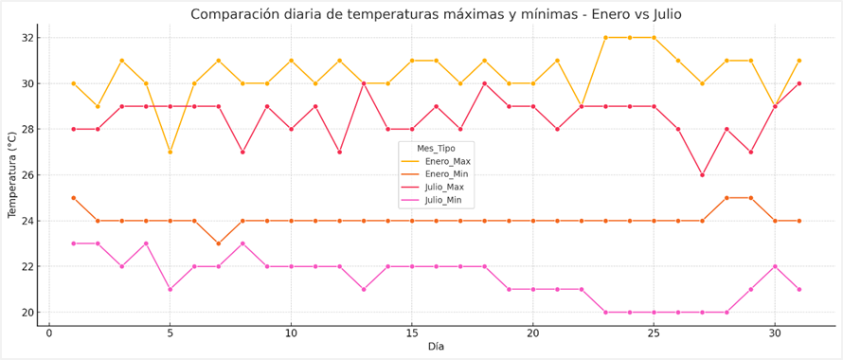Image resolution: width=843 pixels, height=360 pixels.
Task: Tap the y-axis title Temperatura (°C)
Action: (x=13, y=175)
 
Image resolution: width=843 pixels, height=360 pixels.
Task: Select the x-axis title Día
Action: (x=436, y=347)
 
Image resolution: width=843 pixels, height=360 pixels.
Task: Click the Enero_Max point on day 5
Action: (x=170, y=152)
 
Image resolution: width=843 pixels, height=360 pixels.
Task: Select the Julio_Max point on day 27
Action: (x=702, y=175)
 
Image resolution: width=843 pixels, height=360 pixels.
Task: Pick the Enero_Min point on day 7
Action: (x=219, y=243)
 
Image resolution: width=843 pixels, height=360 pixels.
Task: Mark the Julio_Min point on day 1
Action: (x=73, y=243)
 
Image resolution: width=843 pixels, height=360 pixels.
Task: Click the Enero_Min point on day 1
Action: (x=73, y=198)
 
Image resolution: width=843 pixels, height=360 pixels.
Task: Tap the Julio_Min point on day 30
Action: (x=775, y=266)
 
